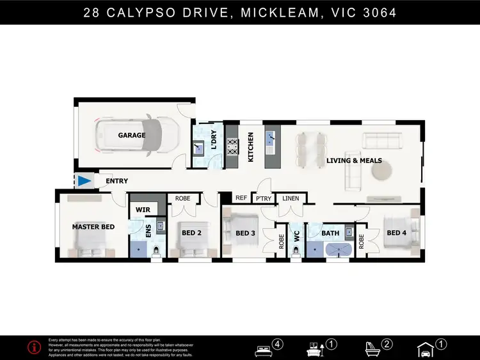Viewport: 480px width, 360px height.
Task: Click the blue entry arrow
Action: pyautogui.click(x=84, y=182)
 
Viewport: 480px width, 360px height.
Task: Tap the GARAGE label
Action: pyautogui.click(x=131, y=136)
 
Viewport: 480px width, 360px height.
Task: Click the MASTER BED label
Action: pyautogui.click(x=93, y=227)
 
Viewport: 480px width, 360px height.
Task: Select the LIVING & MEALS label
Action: pyautogui.click(x=352, y=160)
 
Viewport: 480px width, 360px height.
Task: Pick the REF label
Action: pyautogui.click(x=241, y=198)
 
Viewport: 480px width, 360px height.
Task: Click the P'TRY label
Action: pyautogui.click(x=264, y=198)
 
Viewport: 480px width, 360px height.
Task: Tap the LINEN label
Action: pyautogui.click(x=290, y=198)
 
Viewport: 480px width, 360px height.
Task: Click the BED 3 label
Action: pyautogui.click(x=245, y=233)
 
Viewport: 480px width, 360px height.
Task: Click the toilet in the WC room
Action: pyautogui.click(x=295, y=253)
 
